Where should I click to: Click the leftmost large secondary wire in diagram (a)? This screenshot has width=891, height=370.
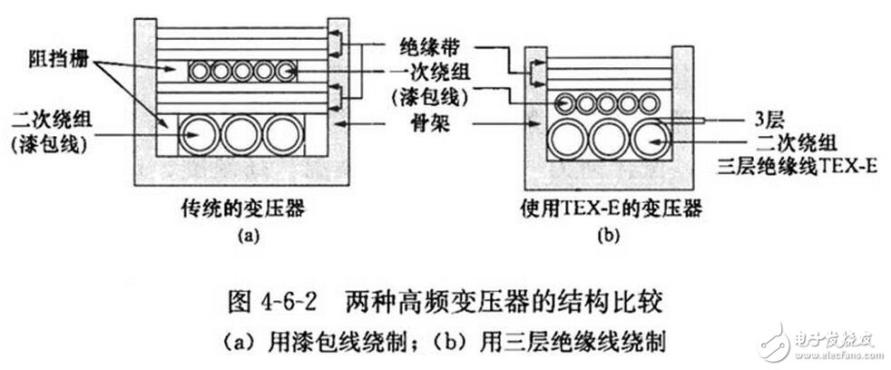coord(197,135)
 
